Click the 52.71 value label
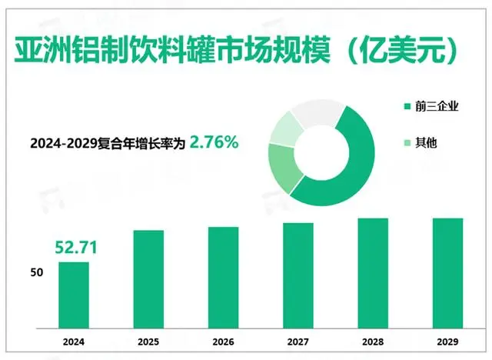74,248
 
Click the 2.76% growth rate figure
214,142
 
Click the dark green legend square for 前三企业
406,106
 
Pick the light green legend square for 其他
406,142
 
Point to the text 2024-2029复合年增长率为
108,142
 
